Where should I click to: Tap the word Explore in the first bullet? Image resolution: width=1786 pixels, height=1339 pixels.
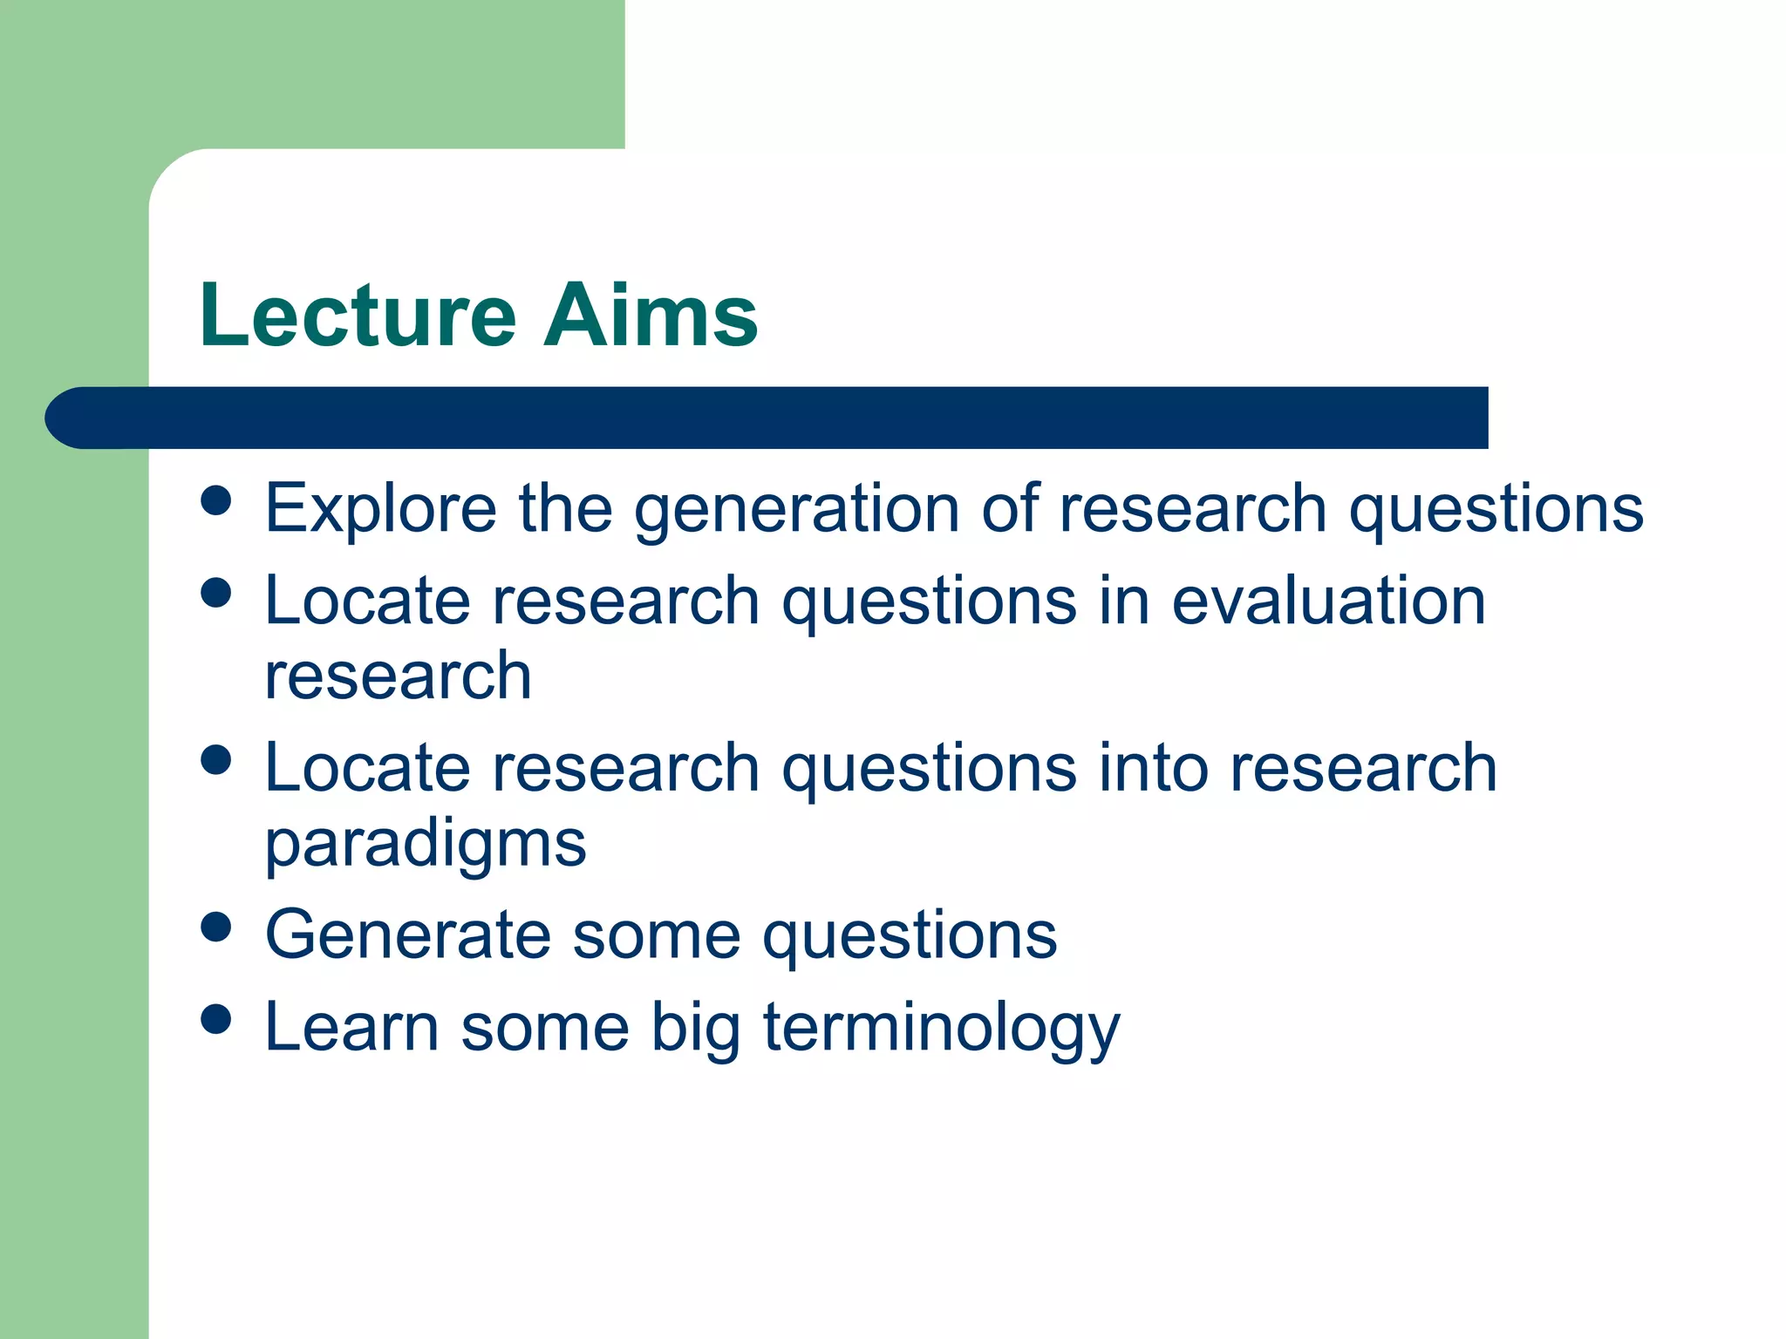click(x=380, y=509)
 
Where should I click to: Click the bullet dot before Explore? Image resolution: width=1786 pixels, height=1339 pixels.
click(x=215, y=500)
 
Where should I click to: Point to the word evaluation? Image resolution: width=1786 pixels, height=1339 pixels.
click(x=1328, y=602)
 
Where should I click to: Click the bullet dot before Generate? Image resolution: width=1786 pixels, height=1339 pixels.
click(x=215, y=927)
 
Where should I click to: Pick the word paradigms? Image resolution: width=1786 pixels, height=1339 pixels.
click(x=426, y=846)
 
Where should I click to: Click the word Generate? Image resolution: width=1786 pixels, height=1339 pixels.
click(x=408, y=935)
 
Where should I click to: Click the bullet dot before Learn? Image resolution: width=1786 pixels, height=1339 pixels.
click(x=215, y=1018)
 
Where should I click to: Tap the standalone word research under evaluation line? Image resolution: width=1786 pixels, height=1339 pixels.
click(x=398, y=677)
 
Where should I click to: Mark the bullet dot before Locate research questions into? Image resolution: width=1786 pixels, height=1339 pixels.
click(x=215, y=759)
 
